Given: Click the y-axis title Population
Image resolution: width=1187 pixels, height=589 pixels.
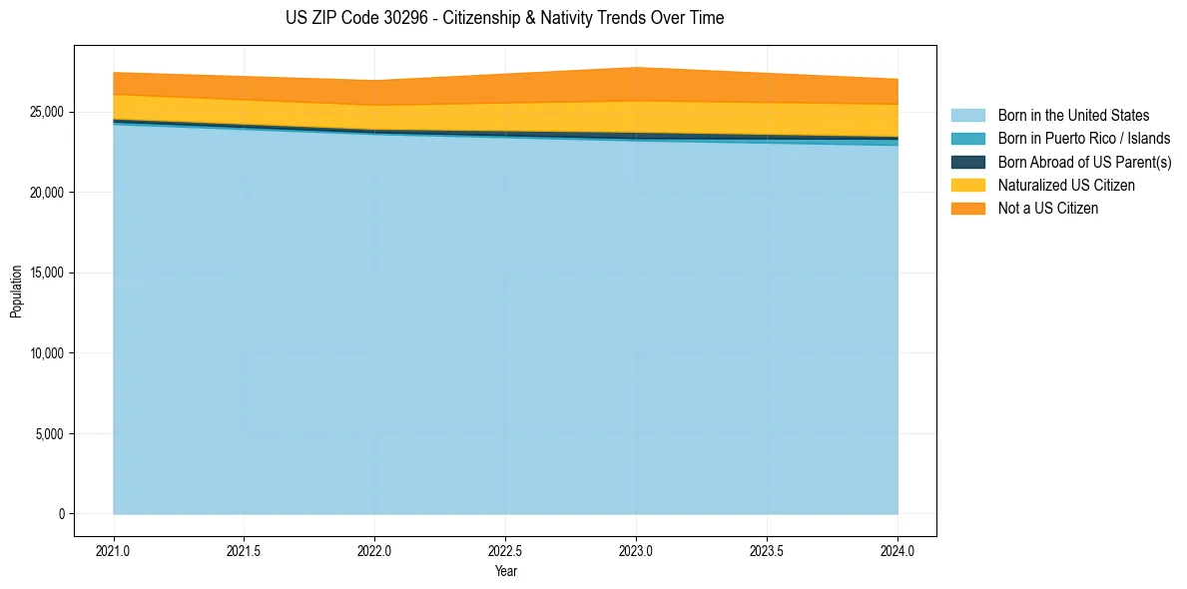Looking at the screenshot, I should (16, 292).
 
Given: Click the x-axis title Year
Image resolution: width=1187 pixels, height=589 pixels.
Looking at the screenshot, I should (505, 571).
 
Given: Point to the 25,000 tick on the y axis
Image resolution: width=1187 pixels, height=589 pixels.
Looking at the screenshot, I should (46, 112).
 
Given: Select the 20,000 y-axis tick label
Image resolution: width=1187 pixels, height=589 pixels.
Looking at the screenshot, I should (46, 192).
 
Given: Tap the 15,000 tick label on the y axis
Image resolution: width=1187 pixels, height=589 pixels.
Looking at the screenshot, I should (46, 273).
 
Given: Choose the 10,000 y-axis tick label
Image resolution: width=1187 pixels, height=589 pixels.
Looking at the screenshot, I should (46, 353).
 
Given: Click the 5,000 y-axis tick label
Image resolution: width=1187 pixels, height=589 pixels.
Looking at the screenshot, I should (49, 434).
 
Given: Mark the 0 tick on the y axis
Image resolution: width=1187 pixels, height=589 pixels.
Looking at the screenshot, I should (61, 514).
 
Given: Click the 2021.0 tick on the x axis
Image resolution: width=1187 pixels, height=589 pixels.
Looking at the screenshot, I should (114, 550).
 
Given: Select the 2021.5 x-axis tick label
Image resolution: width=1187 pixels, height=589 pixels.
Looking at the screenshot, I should (245, 550).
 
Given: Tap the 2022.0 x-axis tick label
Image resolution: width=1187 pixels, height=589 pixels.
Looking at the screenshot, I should (375, 550).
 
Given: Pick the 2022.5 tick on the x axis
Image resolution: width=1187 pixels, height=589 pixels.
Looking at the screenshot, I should (506, 550).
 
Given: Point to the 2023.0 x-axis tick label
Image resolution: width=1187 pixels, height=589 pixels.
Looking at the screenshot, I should (637, 550).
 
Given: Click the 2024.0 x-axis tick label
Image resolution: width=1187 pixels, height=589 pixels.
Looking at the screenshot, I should (897, 550).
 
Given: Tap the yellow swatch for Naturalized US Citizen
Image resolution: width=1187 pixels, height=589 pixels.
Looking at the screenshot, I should (967, 186).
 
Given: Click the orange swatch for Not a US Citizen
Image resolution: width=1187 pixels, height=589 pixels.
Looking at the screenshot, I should (967, 209).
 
